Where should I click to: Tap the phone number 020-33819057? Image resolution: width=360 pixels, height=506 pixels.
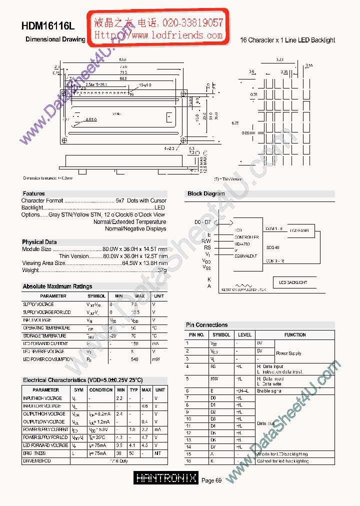[192, 23]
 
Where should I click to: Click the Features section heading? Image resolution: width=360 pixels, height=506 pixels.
[33, 193]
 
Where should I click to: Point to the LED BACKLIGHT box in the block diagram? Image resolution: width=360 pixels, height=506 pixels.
[293, 282]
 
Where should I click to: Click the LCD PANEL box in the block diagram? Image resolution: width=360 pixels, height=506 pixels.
[299, 230]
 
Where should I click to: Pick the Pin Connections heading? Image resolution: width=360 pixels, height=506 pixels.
[206, 325]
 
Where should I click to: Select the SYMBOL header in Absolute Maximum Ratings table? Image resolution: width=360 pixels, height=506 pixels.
[96, 296]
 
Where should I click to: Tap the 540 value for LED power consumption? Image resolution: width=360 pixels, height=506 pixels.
[134, 359]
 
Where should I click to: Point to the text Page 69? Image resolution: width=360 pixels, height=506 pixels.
[211, 480]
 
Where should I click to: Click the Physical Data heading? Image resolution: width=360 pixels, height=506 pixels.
[39, 242]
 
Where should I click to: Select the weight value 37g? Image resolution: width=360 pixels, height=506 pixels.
[162, 270]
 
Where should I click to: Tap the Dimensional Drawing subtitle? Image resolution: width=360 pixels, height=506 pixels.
[55, 39]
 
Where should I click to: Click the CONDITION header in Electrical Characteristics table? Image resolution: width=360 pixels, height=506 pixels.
[101, 389]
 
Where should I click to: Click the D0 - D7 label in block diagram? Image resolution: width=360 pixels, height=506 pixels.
[202, 221]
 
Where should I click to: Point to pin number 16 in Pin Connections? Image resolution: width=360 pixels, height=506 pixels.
[188, 461]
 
